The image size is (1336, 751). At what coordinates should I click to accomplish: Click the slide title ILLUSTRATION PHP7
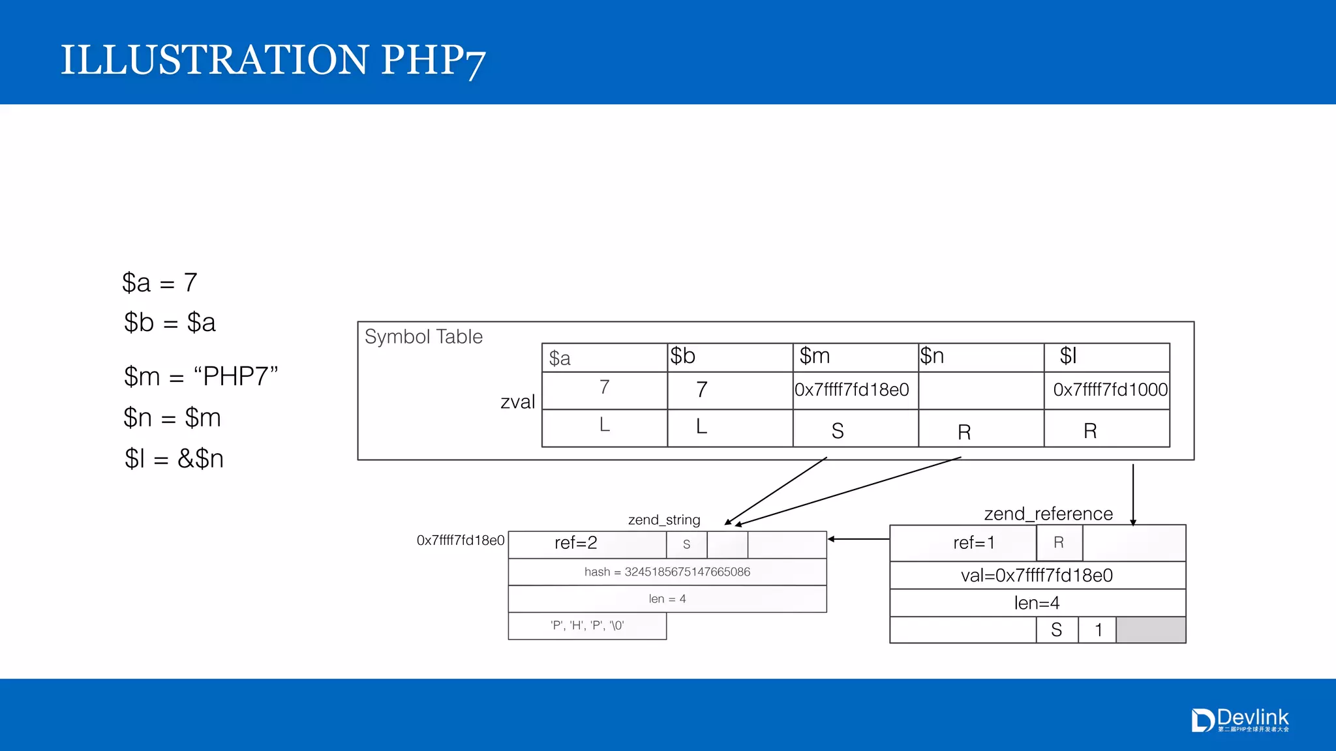[x=273, y=60]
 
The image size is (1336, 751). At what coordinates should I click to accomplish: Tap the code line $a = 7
[x=159, y=283]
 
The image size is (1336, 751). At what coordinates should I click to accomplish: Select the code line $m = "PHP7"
[x=201, y=377]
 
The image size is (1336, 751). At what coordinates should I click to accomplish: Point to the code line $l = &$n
[x=174, y=459]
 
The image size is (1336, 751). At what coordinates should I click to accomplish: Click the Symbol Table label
[x=423, y=337]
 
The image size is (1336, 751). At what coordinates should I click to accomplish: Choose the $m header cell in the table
[x=855, y=357]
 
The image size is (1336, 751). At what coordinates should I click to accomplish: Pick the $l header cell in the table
[x=1106, y=357]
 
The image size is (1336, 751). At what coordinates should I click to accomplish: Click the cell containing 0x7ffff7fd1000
[x=1109, y=390]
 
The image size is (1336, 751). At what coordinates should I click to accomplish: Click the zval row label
[x=517, y=402]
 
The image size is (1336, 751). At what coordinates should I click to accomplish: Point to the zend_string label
[x=664, y=520]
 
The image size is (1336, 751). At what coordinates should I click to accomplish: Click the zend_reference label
[x=1048, y=514]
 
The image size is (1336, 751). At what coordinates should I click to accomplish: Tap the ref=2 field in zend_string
[x=576, y=543]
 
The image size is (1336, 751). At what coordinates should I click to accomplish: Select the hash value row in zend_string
[x=667, y=572]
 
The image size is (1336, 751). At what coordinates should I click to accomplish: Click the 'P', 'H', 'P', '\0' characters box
[x=587, y=626]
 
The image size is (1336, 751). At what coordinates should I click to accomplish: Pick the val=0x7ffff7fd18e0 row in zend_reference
[x=1037, y=576]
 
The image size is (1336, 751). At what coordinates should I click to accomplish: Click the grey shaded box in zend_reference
[x=1151, y=630]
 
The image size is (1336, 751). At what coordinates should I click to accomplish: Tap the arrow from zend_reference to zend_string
[x=858, y=539]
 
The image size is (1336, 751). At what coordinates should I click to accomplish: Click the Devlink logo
[x=1240, y=720]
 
